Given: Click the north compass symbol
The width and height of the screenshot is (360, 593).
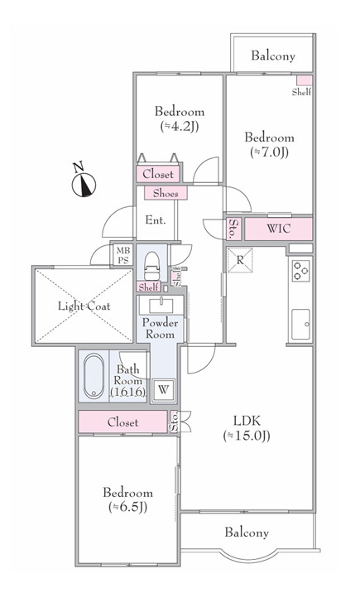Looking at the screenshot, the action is [x=84, y=184].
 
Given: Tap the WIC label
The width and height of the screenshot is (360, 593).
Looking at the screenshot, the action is [x=279, y=229].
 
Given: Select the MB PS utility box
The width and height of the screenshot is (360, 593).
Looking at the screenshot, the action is [x=122, y=255].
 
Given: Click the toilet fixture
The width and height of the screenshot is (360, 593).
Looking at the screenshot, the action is [x=152, y=266].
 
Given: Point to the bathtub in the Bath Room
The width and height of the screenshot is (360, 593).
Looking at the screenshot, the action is [x=94, y=376].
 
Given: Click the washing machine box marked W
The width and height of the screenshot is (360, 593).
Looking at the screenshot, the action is [x=163, y=389].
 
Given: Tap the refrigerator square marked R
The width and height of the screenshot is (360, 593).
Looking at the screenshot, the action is [x=240, y=260].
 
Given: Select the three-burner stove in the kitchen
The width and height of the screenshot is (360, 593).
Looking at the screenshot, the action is [x=301, y=271].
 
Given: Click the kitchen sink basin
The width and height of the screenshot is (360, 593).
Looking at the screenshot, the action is [x=300, y=324].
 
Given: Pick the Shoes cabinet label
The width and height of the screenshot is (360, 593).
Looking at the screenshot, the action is [x=166, y=193].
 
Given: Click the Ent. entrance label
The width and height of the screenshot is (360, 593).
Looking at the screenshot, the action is [x=156, y=220].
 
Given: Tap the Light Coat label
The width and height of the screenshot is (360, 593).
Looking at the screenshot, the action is [x=84, y=306].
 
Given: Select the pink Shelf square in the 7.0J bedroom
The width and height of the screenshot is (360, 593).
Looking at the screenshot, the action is [x=304, y=80].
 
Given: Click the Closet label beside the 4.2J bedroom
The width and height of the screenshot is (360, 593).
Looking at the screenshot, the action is [x=158, y=175].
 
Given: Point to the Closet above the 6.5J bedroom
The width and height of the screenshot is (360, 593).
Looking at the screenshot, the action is [x=122, y=422].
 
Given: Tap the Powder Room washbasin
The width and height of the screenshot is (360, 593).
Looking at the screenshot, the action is [x=161, y=306].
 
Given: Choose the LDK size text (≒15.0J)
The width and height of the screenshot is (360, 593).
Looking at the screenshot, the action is [x=247, y=436].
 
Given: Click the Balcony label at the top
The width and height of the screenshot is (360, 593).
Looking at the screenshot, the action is [x=273, y=56].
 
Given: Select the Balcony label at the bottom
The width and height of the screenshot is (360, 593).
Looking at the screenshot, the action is [x=247, y=533].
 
